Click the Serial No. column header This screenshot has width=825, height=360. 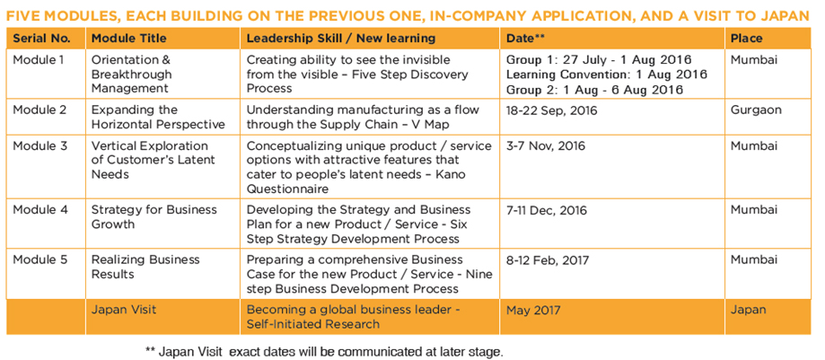pos(41,39)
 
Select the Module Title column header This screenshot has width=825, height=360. pos(129,39)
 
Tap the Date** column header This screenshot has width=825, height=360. pos(524,39)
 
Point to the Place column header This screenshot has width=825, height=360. pos(747,39)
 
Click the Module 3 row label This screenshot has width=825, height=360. pos(40,145)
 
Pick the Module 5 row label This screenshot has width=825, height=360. pos(40,259)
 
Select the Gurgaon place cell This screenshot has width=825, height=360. pos(756,111)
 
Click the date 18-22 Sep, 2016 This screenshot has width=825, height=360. pos(552,111)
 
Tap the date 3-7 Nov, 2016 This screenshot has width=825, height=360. pos(546,145)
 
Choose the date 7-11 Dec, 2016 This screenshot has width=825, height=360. pos(547,211)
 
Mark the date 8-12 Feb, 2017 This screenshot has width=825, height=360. pos(548,260)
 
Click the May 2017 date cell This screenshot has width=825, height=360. pos(533,311)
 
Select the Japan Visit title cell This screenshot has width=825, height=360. pos(124,310)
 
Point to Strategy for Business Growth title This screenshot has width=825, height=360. pos(154,217)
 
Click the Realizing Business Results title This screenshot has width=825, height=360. pos(145,267)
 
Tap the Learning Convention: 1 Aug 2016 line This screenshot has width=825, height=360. pos(607,75)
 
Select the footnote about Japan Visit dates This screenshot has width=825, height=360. pos(324,351)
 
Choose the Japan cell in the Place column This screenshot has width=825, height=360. pos(749,311)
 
